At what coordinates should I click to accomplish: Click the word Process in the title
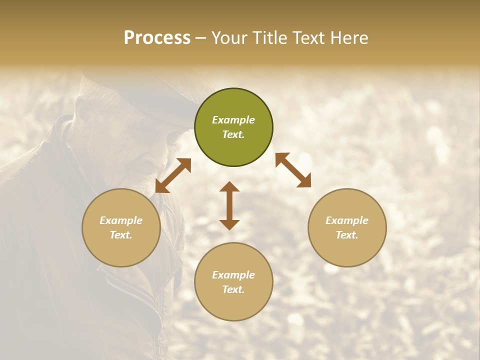coord(157,38)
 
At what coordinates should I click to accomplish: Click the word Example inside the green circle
coord(233,120)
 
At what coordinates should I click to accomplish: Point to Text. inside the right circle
coord(347,235)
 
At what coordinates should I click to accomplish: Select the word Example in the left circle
coord(121,220)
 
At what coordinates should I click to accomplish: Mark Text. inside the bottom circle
coord(233,289)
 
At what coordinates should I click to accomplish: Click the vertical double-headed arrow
coord(229,205)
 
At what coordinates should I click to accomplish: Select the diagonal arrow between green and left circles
coord(173,175)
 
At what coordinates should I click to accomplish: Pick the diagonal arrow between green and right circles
coord(293,170)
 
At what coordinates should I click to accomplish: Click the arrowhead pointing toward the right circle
coord(303,180)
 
